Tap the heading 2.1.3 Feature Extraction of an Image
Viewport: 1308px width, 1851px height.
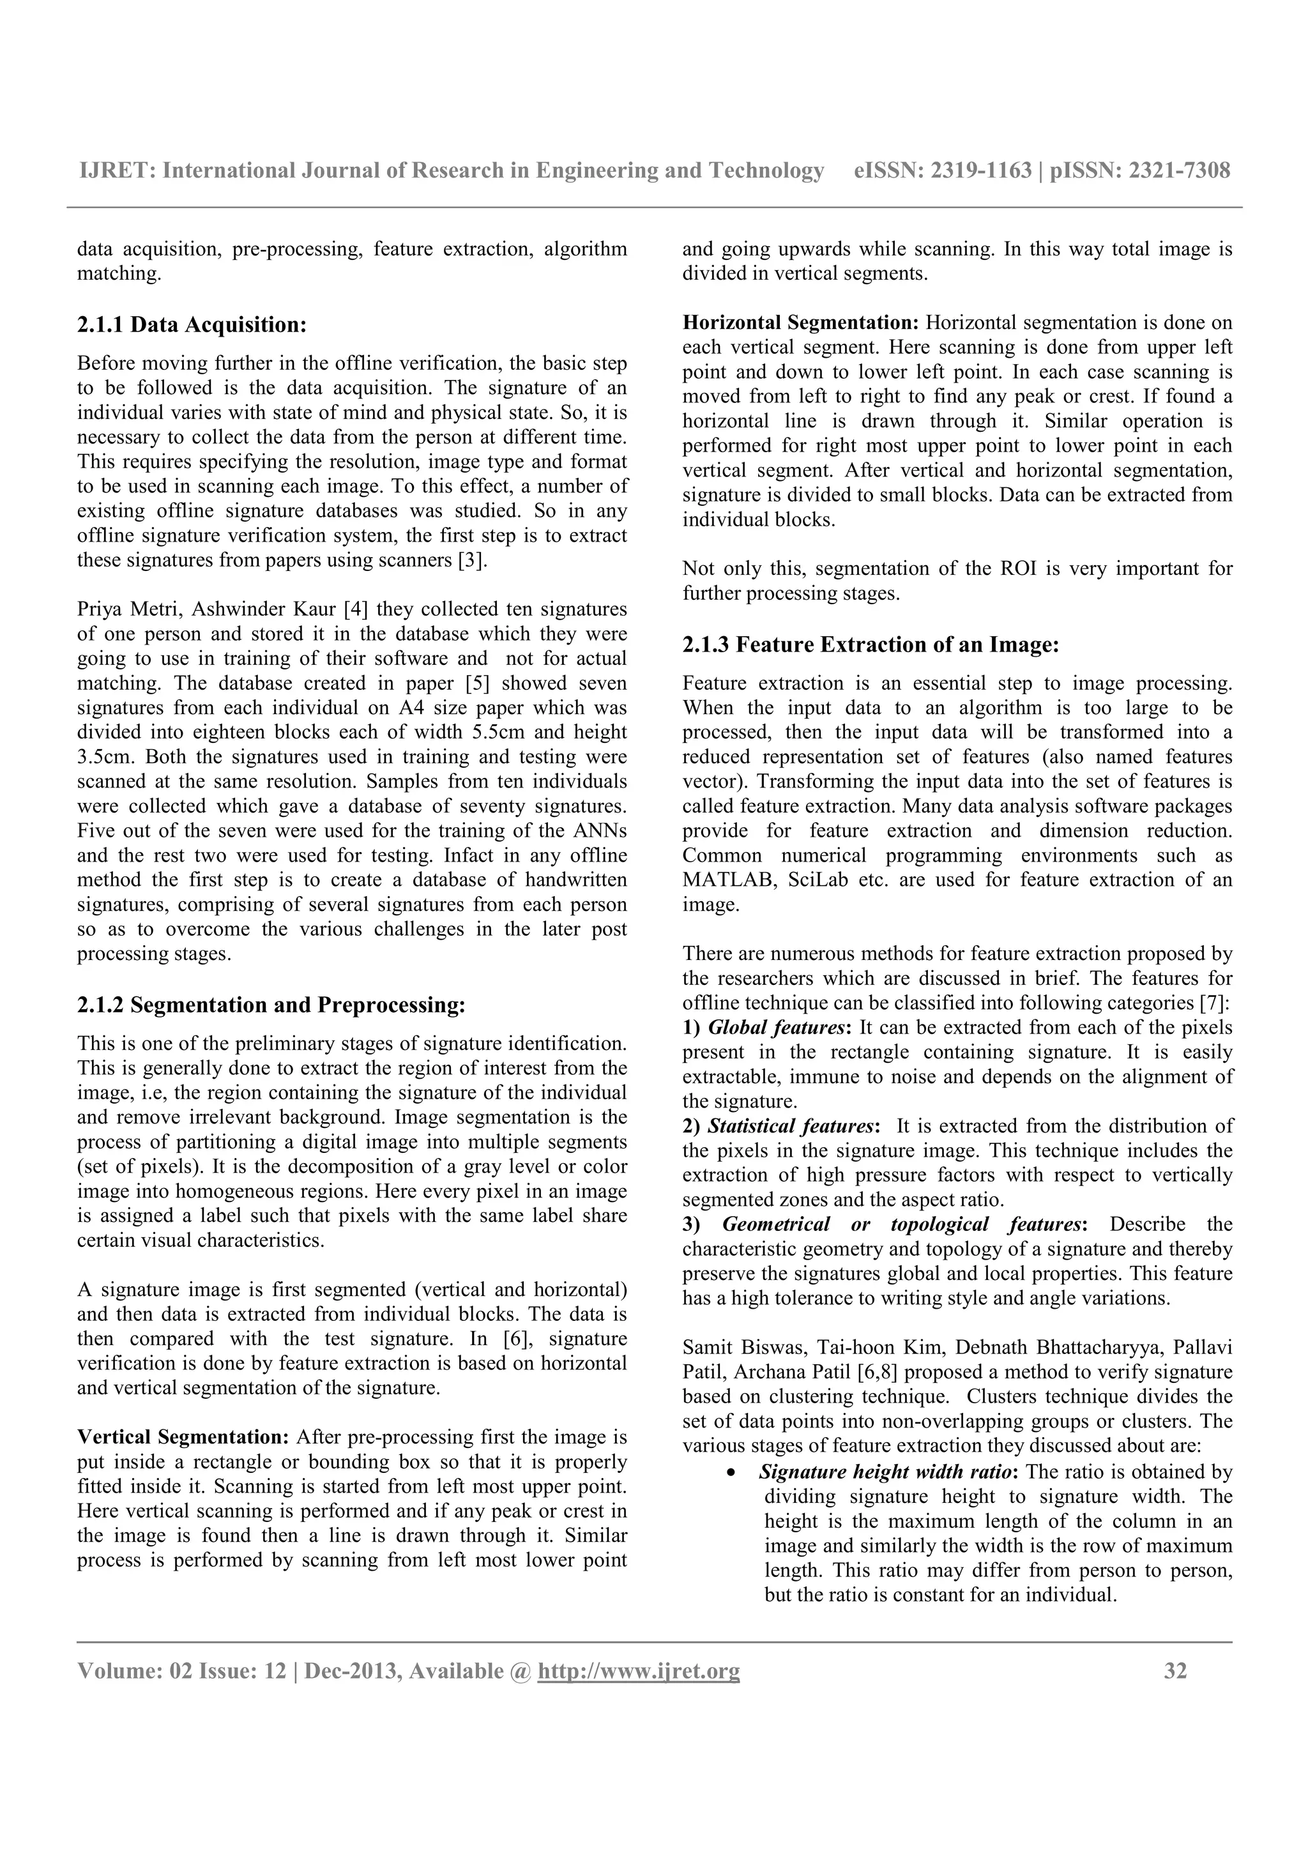click(x=871, y=645)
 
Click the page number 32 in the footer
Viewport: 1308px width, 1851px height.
click(x=1175, y=1672)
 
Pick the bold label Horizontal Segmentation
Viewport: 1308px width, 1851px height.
click(x=800, y=323)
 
